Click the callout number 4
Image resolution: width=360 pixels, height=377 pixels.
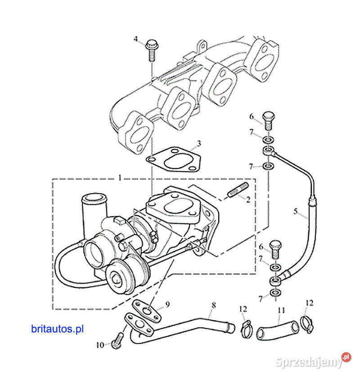135,39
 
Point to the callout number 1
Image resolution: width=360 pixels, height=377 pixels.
120,178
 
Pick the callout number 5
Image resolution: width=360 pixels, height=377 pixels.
295,211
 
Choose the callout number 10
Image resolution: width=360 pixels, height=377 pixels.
100,345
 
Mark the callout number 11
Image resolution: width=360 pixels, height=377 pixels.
281,310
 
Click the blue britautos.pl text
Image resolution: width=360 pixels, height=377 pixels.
58,329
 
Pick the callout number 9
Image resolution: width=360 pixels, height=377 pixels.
167,304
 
